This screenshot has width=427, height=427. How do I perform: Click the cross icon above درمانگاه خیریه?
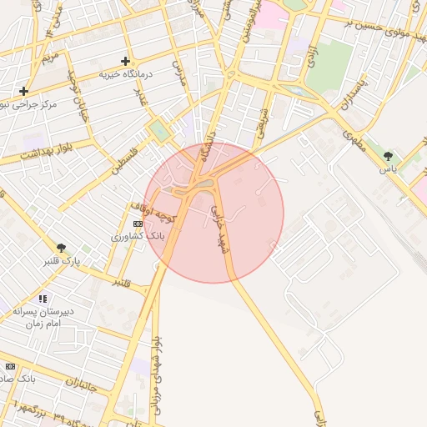tap(125, 61)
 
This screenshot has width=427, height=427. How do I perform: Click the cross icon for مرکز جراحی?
tap(23, 91)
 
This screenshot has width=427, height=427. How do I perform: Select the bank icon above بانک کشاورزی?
tap(138, 224)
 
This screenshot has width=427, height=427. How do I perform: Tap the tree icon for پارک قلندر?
tap(61, 248)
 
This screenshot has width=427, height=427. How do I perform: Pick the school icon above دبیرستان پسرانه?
tap(43, 298)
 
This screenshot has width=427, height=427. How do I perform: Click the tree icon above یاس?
tap(387, 155)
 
